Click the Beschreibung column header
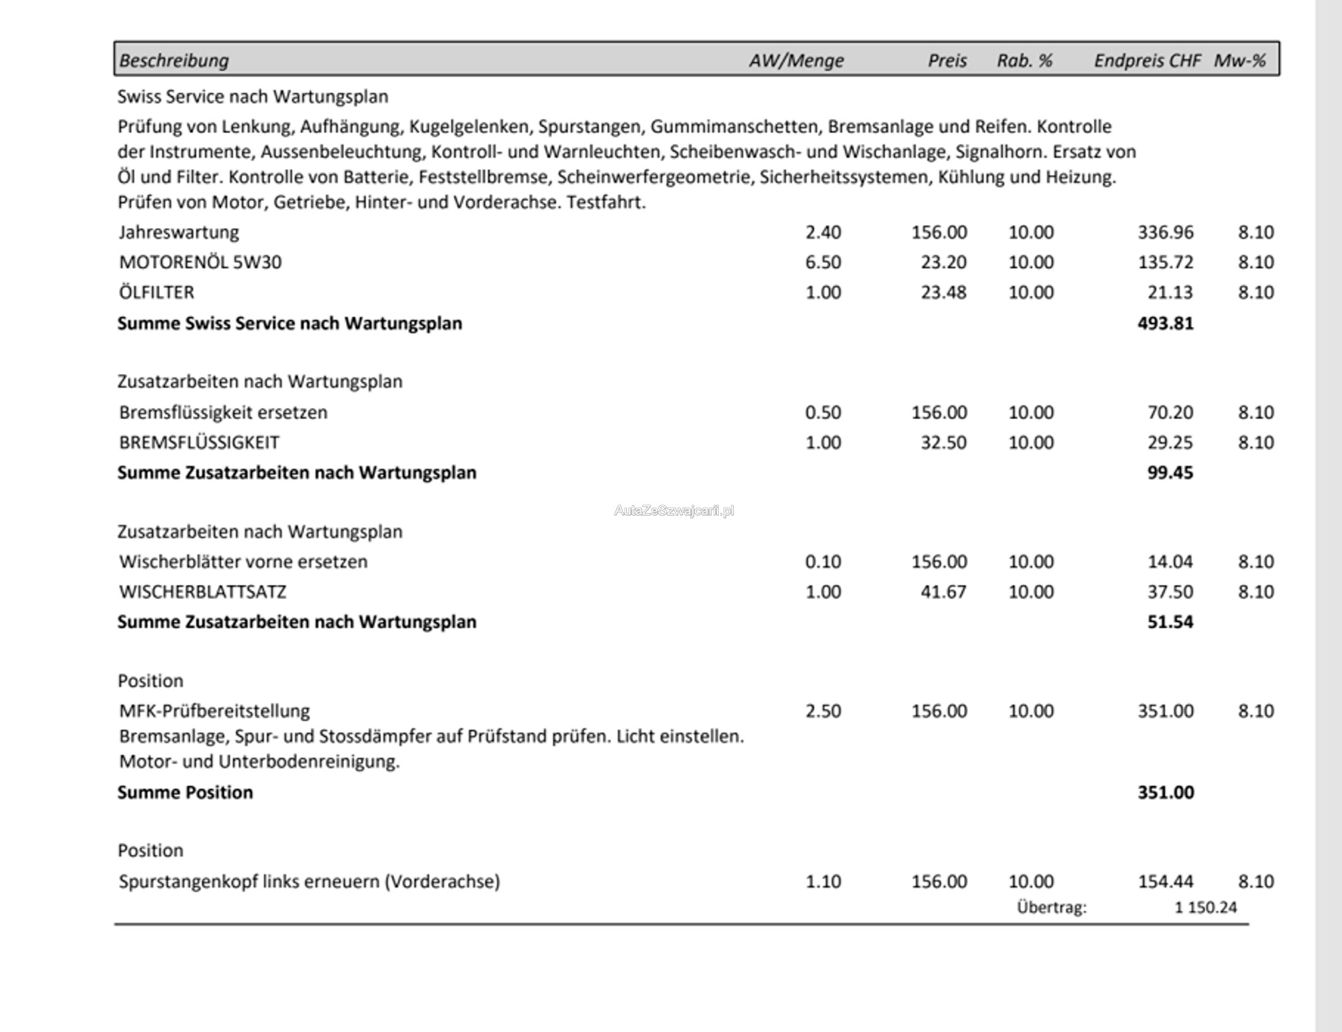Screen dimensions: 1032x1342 (x=174, y=61)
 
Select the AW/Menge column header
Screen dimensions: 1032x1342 (x=796, y=61)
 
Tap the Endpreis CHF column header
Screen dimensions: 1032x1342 (x=1147, y=61)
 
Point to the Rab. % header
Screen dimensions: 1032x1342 (x=1024, y=61)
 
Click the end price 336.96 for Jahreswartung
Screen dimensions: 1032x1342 (x=1166, y=232)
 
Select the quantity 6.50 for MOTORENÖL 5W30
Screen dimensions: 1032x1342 (x=823, y=262)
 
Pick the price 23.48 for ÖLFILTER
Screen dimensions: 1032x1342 (x=943, y=293)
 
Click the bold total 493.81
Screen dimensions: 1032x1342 (x=1166, y=323)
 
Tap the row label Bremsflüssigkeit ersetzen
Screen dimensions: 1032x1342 (x=223, y=413)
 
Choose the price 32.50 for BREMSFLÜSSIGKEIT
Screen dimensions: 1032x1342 (x=943, y=442)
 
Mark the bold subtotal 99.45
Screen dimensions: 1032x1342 (x=1170, y=472)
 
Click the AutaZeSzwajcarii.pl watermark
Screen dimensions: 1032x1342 (x=674, y=510)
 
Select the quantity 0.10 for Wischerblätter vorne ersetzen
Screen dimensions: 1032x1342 (x=823, y=562)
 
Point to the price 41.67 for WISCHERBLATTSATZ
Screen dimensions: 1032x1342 (x=943, y=592)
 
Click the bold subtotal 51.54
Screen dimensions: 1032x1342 (x=1170, y=622)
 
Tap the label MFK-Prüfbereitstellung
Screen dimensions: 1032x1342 (x=214, y=711)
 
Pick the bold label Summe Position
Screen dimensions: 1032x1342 (x=185, y=792)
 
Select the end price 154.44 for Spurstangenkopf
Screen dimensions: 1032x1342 (x=1166, y=882)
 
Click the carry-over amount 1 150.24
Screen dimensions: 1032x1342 (x=1206, y=908)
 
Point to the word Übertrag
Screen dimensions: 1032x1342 (x=1051, y=908)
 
